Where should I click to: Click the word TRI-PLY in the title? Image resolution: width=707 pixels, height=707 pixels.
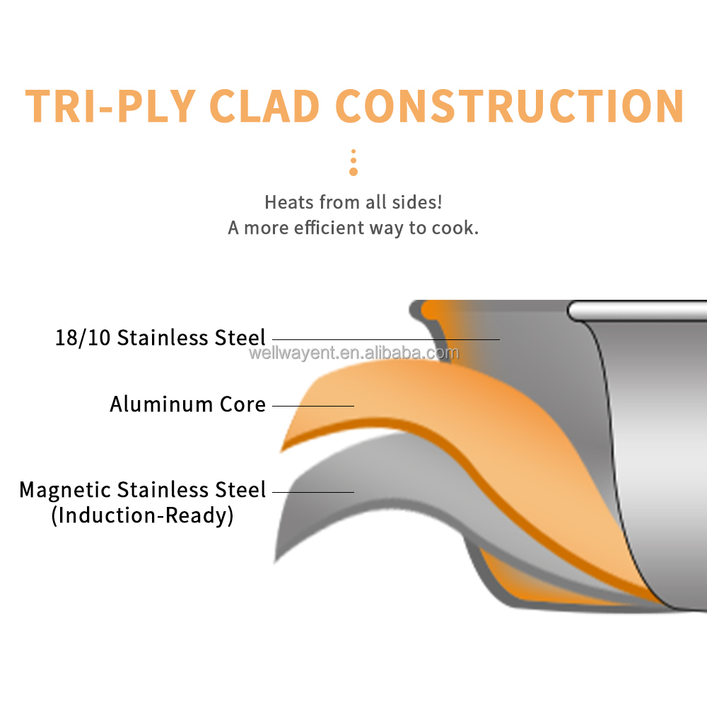[110, 106]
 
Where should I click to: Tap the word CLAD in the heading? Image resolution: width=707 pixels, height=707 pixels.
[264, 106]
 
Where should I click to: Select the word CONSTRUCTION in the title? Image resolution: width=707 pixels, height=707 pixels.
[510, 106]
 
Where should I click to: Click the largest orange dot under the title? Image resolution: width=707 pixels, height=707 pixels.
[353, 172]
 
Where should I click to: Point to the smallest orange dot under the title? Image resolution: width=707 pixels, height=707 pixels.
[353, 151]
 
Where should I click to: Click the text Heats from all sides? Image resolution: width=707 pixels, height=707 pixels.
[353, 202]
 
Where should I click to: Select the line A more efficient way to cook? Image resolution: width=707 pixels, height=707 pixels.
[353, 228]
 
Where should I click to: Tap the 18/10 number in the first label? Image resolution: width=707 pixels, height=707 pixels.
[83, 338]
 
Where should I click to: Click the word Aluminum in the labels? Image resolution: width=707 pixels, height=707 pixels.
[161, 404]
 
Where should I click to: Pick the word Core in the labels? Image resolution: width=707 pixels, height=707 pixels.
[243, 404]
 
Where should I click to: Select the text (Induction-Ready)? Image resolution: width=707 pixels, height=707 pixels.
[143, 516]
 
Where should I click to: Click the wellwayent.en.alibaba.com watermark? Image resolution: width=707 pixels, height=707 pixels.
[354, 353]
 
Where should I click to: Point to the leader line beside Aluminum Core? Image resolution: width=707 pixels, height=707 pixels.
[313, 406]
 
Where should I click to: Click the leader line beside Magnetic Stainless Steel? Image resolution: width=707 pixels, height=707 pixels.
[313, 492]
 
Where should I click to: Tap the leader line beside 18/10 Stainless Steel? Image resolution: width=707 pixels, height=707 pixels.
[386, 339]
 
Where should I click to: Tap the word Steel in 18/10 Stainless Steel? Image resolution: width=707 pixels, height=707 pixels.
[240, 338]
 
